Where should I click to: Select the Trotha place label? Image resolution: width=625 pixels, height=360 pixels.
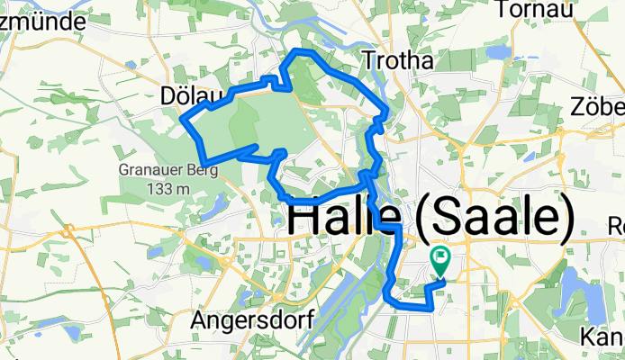click(x=397, y=60)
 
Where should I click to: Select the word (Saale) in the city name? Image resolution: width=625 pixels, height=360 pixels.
click(x=494, y=220)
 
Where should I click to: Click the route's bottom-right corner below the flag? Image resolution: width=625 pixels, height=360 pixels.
click(x=433, y=309)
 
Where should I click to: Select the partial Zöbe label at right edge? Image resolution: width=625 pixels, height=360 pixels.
click(x=597, y=107)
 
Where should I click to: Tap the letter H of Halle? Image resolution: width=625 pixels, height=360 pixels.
click(x=303, y=220)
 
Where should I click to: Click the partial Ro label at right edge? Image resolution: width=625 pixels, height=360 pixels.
click(x=616, y=224)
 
